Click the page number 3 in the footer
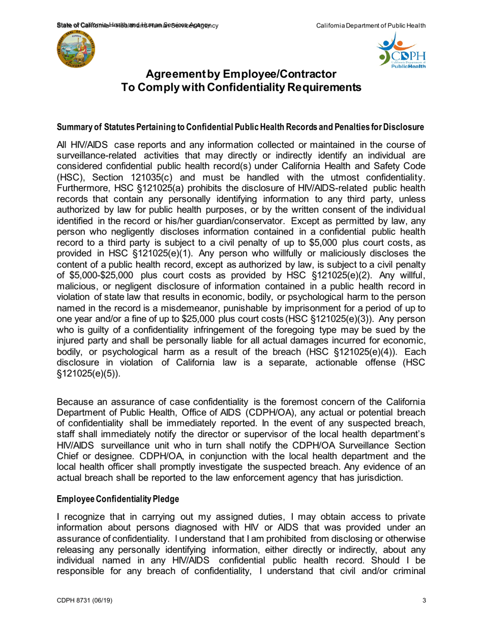click(425, 601)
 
